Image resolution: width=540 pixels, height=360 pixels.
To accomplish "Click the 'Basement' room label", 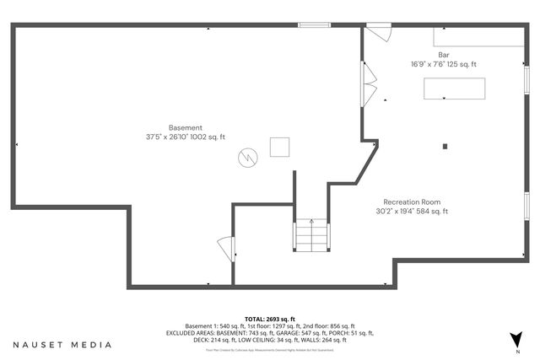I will point(185,127).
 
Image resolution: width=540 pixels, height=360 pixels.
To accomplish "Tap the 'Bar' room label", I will point(443,55).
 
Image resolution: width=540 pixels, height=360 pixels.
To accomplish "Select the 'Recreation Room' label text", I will point(412,202).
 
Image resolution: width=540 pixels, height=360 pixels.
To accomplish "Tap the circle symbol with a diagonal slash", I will point(248,157).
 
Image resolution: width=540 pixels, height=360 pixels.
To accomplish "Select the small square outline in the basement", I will point(279,147).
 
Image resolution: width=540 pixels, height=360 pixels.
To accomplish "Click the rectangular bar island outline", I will point(454,89).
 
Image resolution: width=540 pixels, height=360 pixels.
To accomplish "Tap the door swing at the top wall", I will point(378,33).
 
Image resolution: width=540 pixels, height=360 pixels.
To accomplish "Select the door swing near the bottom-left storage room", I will point(226,250).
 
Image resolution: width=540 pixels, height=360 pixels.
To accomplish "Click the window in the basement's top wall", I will point(313,24).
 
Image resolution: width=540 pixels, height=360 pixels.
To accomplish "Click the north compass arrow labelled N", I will point(516,340).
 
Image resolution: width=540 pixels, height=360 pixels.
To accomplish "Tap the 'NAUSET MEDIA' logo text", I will point(62,345).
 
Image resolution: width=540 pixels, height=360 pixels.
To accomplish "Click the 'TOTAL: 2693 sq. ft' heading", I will point(270,319).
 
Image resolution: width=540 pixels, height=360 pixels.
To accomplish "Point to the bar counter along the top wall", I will point(478,39).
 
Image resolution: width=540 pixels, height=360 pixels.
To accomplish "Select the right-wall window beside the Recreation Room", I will point(526,207).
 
